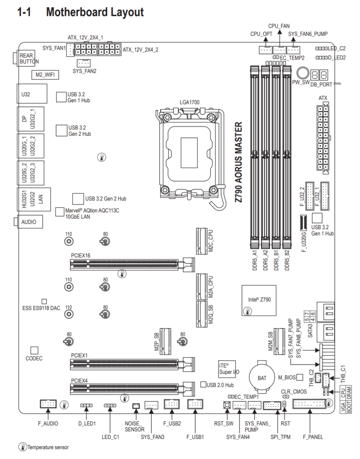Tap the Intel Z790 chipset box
pyautogui.click(x=259, y=300)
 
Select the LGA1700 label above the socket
pyautogui.click(x=189, y=102)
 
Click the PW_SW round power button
pyautogui.click(x=303, y=73)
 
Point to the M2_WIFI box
pyautogui.click(x=45, y=75)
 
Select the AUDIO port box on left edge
pyautogui.click(x=30, y=222)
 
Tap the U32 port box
pyautogui.click(x=32, y=93)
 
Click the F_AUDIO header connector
pyautogui.click(x=48, y=404)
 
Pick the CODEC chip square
pyautogui.click(x=34, y=351)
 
